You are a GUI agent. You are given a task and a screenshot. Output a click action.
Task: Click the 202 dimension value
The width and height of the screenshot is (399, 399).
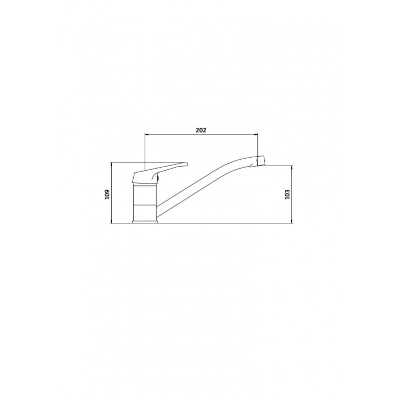pos(201,130)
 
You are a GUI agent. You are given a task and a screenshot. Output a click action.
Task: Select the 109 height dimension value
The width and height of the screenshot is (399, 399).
pos(107,195)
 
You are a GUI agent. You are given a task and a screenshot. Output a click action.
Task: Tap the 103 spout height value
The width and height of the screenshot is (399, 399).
pos(288,195)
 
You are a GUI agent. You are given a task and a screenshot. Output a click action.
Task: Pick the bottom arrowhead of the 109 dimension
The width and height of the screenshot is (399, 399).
pos(111,221)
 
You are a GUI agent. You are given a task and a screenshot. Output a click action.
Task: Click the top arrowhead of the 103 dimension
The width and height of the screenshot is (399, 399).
pos(292,168)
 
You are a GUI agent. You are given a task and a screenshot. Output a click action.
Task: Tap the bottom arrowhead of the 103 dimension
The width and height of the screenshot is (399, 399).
pos(292,221)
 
